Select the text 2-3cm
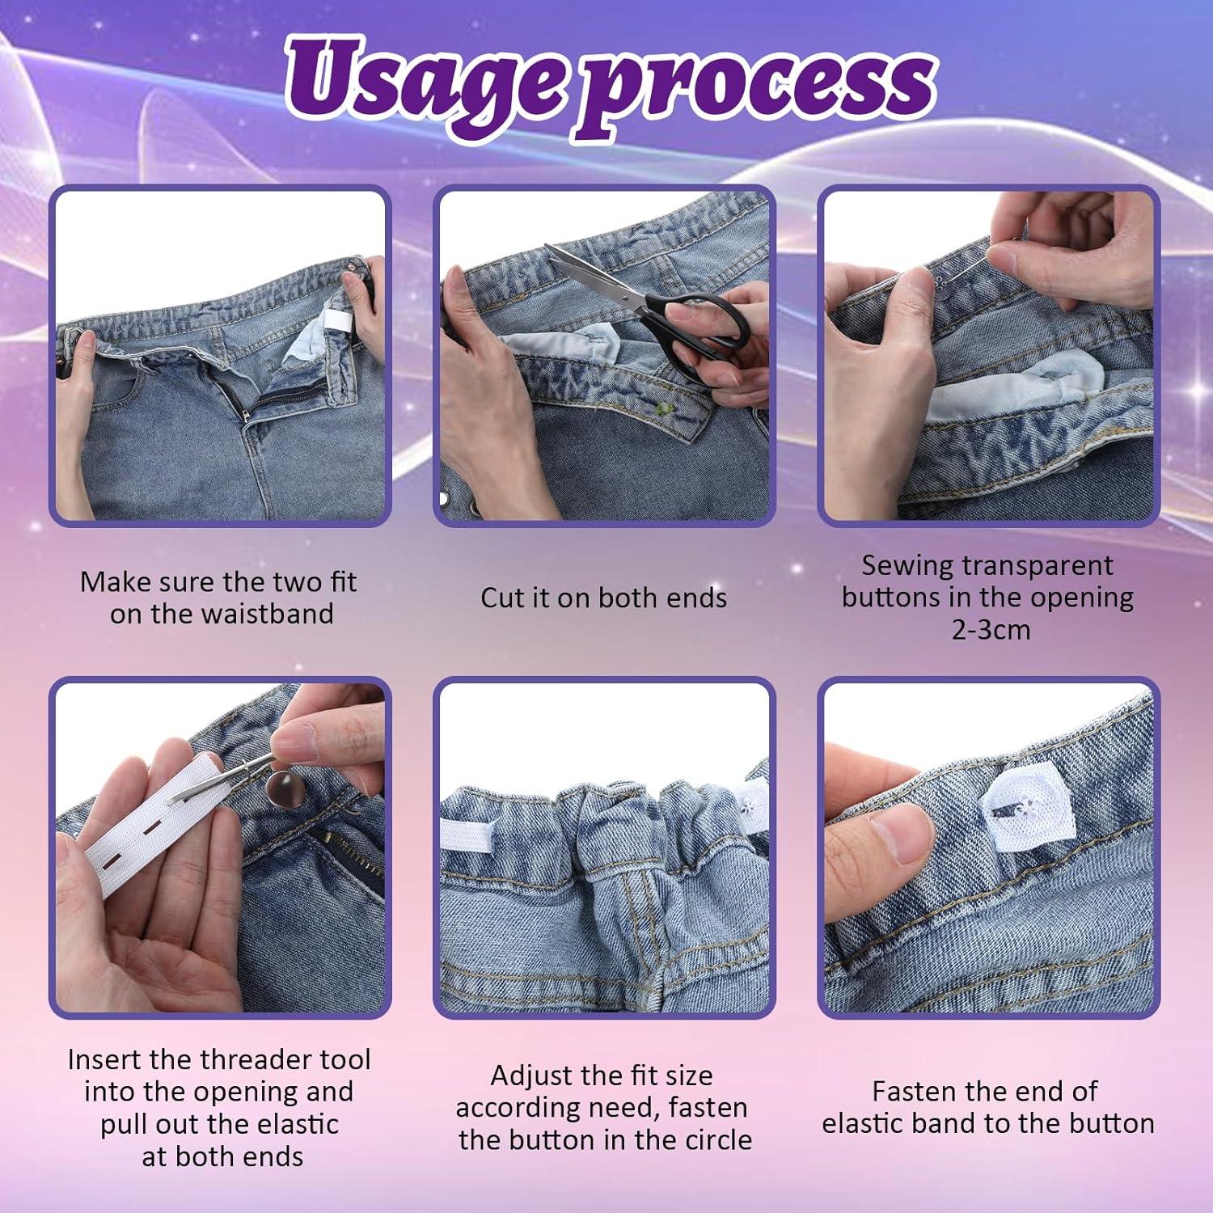pyautogui.click(x=990, y=630)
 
